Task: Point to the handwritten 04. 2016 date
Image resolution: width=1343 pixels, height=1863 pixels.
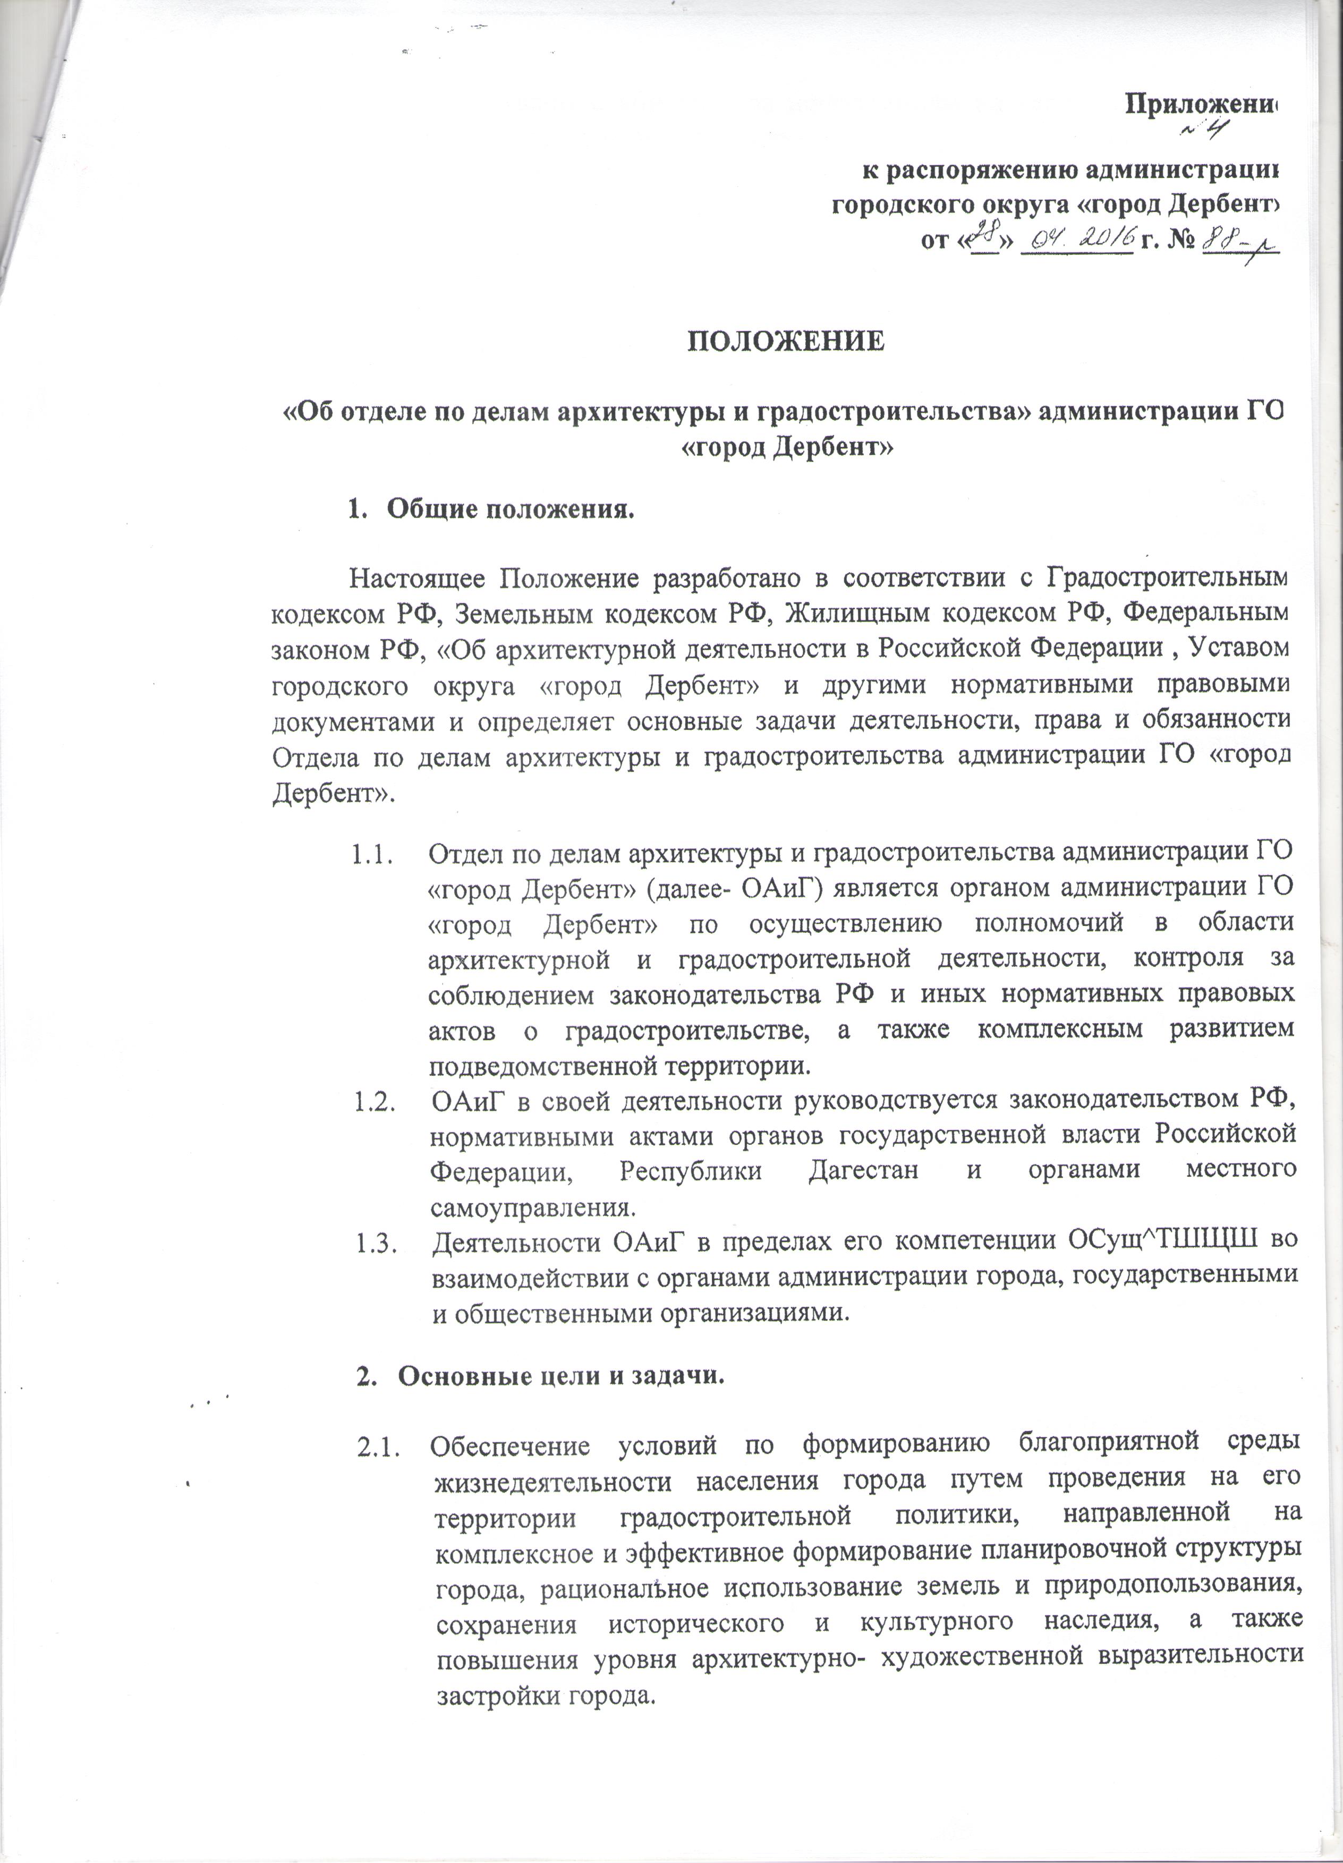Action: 1076,237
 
